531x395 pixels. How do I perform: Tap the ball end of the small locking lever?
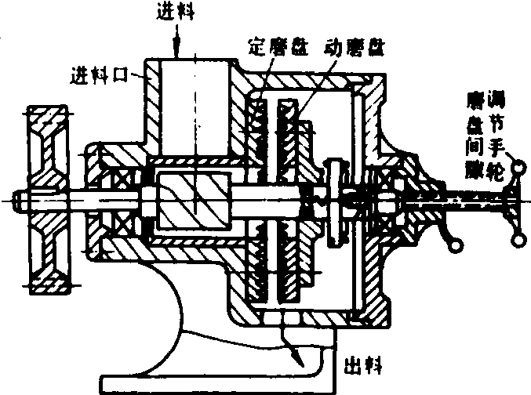coord(453,248)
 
